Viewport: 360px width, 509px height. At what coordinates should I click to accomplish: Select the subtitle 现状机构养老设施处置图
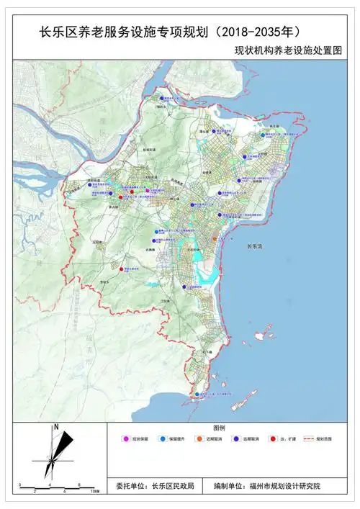coord(296,51)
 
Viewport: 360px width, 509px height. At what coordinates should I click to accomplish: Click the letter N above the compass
coord(55,428)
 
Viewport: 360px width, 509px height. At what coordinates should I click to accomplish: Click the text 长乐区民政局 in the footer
coord(173,487)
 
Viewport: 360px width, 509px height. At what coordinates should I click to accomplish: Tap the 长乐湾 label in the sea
coord(253,247)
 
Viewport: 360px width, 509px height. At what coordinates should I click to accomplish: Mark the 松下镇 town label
coord(207,351)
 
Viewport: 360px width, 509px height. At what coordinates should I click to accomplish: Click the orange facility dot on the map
coord(215,238)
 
